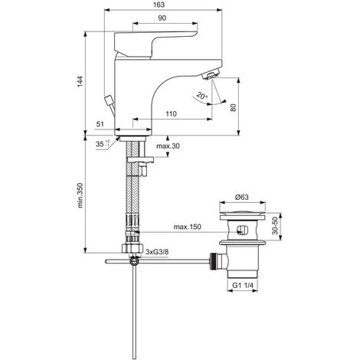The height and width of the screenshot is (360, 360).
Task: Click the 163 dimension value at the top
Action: tap(159, 5)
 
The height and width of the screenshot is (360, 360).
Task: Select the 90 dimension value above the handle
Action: tap(162, 18)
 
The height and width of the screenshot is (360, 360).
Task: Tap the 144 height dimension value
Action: tap(80, 81)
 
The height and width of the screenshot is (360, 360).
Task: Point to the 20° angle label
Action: tap(202, 96)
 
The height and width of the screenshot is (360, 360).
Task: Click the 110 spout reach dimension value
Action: tap(171, 113)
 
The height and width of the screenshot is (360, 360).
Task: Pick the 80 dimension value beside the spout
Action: tap(234, 107)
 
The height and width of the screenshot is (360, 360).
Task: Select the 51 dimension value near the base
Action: tap(100, 124)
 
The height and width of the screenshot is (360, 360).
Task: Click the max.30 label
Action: tap(168, 146)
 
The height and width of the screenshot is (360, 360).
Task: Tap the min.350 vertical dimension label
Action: tap(80, 195)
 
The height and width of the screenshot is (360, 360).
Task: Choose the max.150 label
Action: tap(188, 227)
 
